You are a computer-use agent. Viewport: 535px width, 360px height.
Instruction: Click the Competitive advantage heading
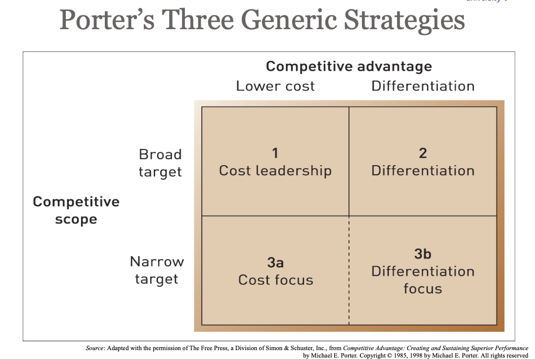pyautogui.click(x=349, y=66)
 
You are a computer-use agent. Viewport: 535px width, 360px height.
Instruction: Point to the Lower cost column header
pyautogui.click(x=275, y=86)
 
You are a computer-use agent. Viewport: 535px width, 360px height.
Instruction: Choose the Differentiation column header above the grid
pyautogui.click(x=423, y=86)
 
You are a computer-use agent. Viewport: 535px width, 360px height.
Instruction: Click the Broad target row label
pyautogui.click(x=160, y=163)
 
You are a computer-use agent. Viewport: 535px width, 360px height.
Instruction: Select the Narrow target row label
pyautogui.click(x=157, y=270)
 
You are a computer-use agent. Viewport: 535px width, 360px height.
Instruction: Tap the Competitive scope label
pyautogui.click(x=76, y=210)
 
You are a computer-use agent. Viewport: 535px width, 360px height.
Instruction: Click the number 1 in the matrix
pyautogui.click(x=275, y=153)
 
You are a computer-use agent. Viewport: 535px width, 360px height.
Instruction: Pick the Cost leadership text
pyautogui.click(x=275, y=171)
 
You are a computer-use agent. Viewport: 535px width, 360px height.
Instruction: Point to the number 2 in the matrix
pyautogui.click(x=423, y=153)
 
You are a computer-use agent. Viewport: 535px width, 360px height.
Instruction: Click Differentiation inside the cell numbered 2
pyautogui.click(x=423, y=171)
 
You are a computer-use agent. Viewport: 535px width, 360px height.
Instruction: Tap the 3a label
pyautogui.click(x=275, y=262)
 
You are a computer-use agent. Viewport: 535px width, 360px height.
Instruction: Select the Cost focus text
pyautogui.click(x=275, y=280)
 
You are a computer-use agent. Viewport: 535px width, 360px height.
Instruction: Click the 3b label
pyautogui.click(x=423, y=254)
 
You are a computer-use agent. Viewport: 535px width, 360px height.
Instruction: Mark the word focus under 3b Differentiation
pyautogui.click(x=423, y=288)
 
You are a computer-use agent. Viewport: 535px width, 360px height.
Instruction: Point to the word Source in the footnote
pyautogui.click(x=95, y=349)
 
